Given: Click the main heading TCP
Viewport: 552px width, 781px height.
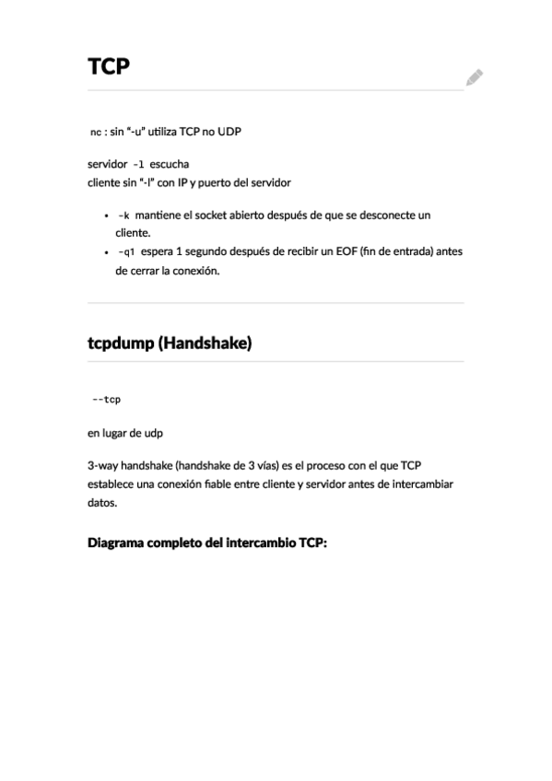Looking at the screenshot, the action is click(x=108, y=67).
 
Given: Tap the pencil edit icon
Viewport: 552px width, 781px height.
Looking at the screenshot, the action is click(x=474, y=77).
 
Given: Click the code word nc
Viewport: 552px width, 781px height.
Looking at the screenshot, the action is click(x=95, y=133).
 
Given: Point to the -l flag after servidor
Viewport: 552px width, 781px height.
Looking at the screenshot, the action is click(x=139, y=165).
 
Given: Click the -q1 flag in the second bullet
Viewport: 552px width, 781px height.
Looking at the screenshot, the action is click(x=126, y=251).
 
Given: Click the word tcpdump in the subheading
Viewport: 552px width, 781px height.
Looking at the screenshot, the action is click(x=120, y=344).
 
